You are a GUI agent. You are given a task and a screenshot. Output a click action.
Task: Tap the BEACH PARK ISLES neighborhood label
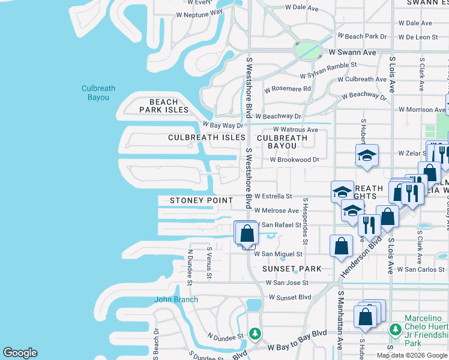coord(164,106)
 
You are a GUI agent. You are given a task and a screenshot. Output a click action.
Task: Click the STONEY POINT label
coord(201,200)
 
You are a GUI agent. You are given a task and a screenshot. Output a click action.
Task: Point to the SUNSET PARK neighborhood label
coord(292,269)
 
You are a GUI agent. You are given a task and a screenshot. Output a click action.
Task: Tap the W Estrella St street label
coord(273,196)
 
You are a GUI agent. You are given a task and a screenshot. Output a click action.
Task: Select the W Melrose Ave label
coord(276,211)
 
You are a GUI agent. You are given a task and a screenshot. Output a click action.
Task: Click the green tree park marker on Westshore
coord(255,333)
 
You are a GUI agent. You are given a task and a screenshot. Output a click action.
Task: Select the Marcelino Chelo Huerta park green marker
coord(395,329)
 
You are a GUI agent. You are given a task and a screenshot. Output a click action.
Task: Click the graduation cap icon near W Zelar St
coord(367,156)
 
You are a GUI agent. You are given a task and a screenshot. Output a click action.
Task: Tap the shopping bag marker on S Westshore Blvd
coord(247,233)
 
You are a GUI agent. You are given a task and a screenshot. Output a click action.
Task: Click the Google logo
coord(20,353)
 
